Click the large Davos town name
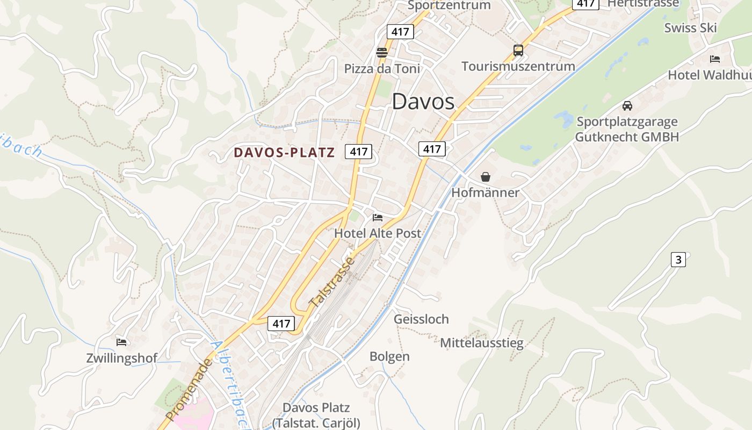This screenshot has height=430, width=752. click(x=423, y=102)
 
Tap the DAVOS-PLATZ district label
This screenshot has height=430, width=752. click(x=284, y=153)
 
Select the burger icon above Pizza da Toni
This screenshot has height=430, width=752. click(x=382, y=52)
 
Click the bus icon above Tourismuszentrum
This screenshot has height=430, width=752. click(x=518, y=51)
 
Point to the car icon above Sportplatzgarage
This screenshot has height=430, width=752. click(x=627, y=105)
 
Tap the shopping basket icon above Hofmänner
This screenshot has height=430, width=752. click(x=486, y=176)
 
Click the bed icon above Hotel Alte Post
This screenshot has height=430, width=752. click(x=378, y=218)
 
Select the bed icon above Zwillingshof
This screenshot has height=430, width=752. click(x=121, y=342)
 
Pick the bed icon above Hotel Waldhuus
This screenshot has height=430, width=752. click(x=714, y=59)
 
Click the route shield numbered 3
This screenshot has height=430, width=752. click(x=678, y=260)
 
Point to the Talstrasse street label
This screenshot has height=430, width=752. click(x=332, y=283)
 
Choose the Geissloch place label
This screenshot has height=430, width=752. click(x=421, y=319)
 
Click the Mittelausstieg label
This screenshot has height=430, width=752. click(x=481, y=343)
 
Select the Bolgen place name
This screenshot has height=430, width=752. click(x=389, y=356)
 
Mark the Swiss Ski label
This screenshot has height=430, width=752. click(x=690, y=28)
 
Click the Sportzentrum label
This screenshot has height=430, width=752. click(x=449, y=5)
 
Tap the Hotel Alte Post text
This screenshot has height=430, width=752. click(x=378, y=233)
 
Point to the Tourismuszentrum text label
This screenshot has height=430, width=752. click(x=518, y=66)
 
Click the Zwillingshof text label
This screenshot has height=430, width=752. click(x=122, y=358)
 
